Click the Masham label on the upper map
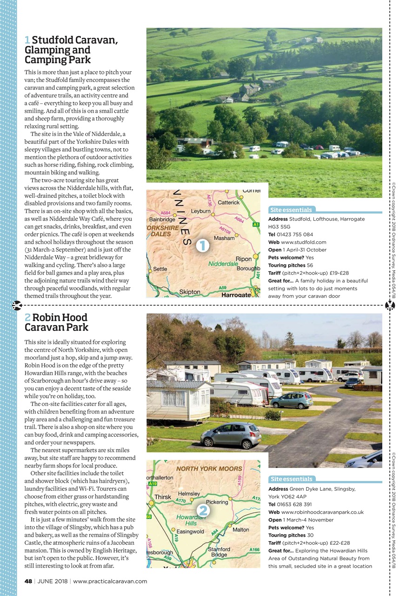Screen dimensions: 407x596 point(224,238)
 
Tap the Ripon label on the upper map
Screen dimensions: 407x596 point(244,259)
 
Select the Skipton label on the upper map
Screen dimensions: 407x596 point(190,292)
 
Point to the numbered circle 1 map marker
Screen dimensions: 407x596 point(202,246)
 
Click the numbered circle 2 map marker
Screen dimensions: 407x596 point(202,511)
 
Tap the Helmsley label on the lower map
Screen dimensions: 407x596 point(189,494)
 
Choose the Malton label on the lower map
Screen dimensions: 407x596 point(240,529)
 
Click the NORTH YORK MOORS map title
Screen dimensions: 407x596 point(209,468)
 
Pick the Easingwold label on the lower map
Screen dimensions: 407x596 point(191,531)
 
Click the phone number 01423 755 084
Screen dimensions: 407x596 point(295,234)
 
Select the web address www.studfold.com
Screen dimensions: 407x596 point(304,242)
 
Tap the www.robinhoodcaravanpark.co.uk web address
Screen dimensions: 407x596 point(322,512)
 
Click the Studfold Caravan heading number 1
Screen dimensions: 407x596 point(27,41)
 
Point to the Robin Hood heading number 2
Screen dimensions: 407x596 point(27,318)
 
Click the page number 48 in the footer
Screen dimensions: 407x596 point(28,581)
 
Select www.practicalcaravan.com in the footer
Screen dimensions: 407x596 point(110,581)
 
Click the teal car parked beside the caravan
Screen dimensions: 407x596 point(292,400)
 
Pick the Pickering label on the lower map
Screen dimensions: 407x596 point(217,502)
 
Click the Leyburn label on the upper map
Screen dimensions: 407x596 point(200,211)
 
